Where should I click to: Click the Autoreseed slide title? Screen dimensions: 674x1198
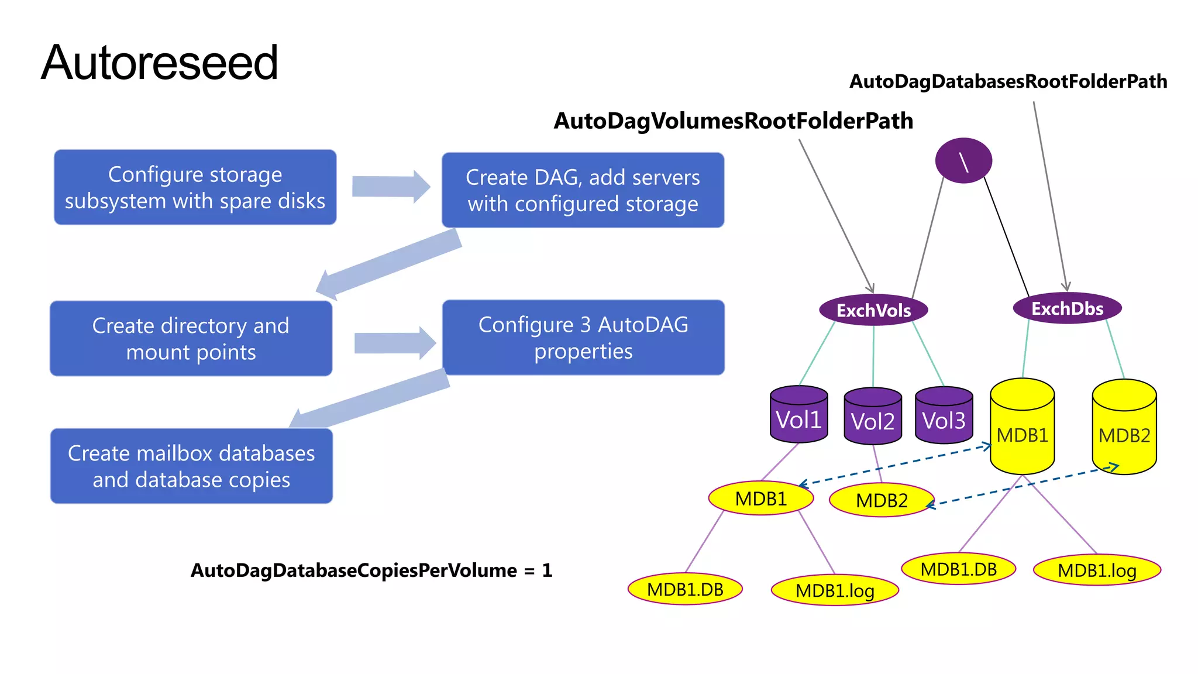[159, 63]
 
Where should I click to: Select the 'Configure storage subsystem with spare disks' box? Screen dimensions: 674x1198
[195, 187]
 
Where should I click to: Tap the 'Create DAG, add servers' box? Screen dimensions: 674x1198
[583, 190]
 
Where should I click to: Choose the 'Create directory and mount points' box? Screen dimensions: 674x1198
[191, 338]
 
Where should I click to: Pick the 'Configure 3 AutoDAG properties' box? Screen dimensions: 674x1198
[583, 338]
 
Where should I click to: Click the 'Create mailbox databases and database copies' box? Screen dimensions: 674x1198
[191, 466]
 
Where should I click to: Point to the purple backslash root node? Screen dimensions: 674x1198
[963, 161]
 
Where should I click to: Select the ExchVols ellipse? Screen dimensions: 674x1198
[873, 310]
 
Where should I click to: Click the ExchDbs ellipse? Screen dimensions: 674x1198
[1067, 308]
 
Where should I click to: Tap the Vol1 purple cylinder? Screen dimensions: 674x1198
[798, 416]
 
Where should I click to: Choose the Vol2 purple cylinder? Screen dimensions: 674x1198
[873, 418]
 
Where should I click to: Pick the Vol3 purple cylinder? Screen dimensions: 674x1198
[944, 417]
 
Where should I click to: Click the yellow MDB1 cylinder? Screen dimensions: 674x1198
[1022, 430]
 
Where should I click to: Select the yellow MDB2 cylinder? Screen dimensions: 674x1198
[1124, 430]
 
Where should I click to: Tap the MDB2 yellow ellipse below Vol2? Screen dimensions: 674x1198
[882, 500]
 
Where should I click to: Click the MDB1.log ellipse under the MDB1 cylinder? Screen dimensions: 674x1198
[1097, 570]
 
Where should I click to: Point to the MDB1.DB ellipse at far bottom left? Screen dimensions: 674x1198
[685, 589]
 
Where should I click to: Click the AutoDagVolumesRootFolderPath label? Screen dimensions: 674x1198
[733, 121]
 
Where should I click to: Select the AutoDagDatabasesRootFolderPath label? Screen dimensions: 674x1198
[1008, 81]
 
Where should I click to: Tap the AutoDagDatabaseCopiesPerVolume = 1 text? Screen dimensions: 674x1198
[371, 570]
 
